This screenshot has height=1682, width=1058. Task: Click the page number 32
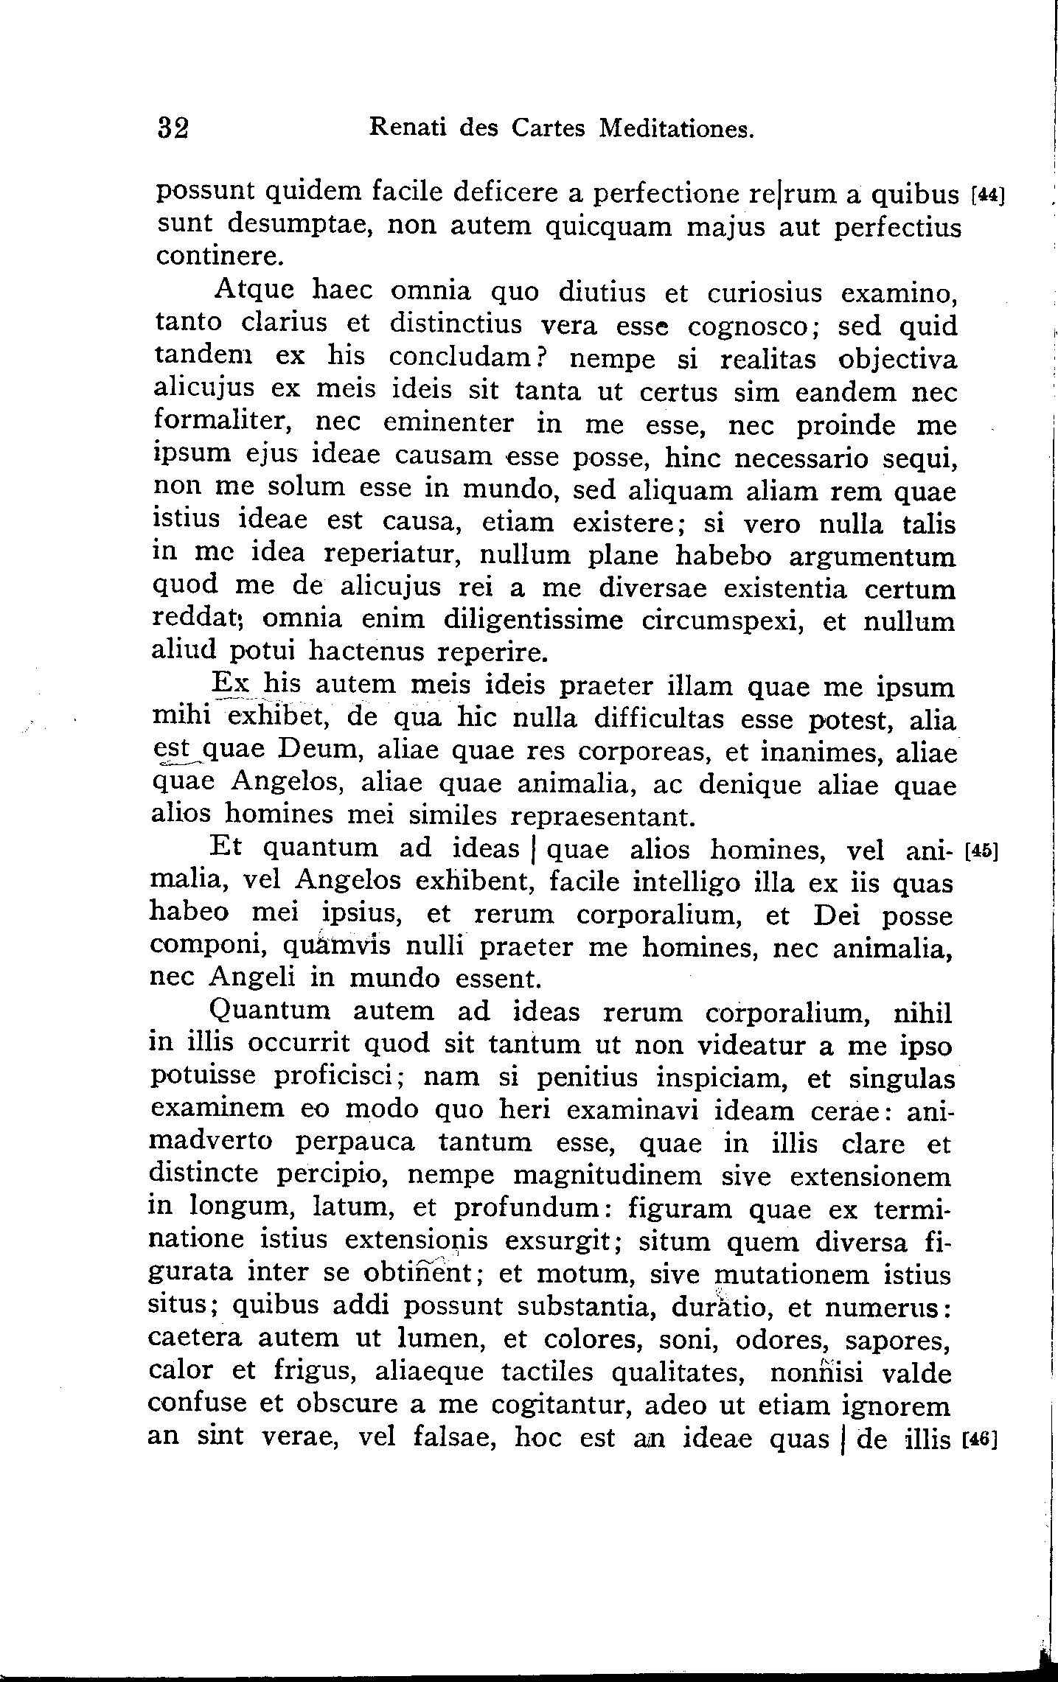tap(174, 130)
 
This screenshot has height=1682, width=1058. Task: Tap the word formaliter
tap(221, 423)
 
